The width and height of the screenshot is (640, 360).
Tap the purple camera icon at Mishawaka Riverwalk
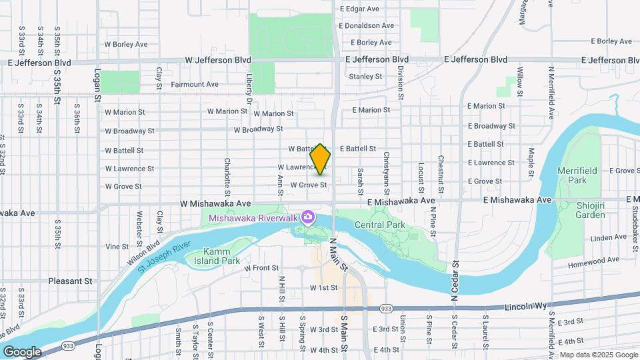click(307, 217)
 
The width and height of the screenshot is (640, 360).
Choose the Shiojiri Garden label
click(591, 210)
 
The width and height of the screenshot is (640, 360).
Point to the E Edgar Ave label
click(359, 9)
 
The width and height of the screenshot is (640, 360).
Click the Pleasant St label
click(70, 281)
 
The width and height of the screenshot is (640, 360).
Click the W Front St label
click(261, 268)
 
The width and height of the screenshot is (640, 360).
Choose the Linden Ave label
click(607, 238)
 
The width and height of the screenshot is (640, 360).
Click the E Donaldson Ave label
click(367, 25)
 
